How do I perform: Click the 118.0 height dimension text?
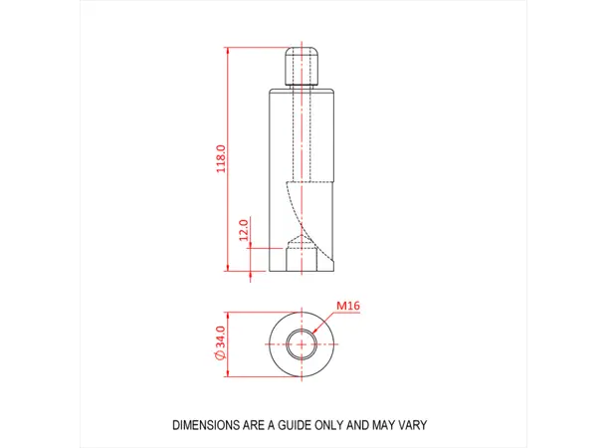(222, 159)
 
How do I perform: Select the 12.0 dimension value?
(243, 232)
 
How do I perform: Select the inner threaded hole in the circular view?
(301, 344)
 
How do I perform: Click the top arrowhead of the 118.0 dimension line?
(228, 50)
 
